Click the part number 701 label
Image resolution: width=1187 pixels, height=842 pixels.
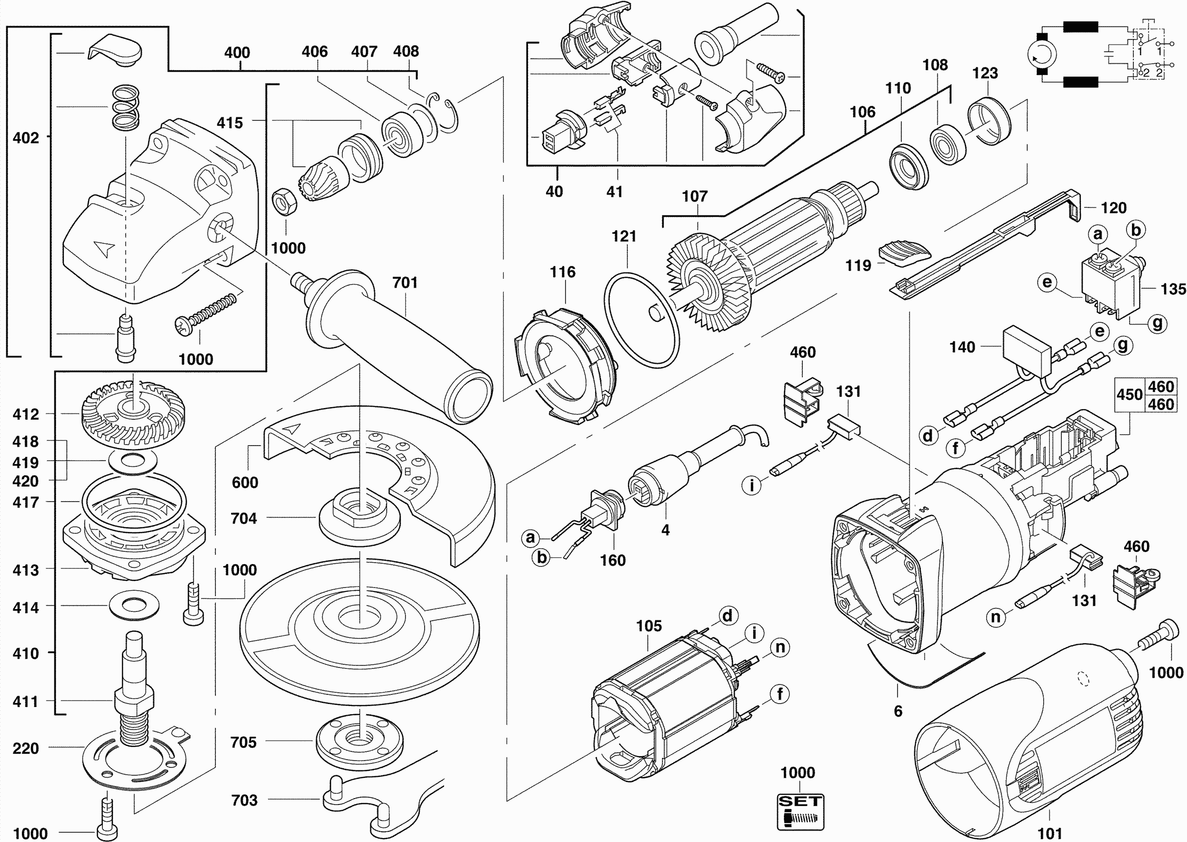pyautogui.click(x=405, y=283)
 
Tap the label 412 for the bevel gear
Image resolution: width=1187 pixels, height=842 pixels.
pyautogui.click(x=26, y=414)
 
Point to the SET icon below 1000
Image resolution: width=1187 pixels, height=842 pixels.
pyautogui.click(x=800, y=811)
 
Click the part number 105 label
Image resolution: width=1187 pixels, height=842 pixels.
pyautogui.click(x=649, y=626)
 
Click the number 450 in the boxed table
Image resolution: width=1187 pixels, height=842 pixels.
pyautogui.click(x=1129, y=394)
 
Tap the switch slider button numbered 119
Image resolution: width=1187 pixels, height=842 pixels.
pyautogui.click(x=904, y=253)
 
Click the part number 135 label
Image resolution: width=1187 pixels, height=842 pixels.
pyautogui.click(x=1173, y=289)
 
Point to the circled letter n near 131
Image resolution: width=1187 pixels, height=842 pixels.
pyautogui.click(x=996, y=617)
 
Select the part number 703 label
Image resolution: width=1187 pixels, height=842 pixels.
pyautogui.click(x=244, y=800)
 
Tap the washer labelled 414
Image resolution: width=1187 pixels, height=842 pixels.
pyautogui.click(x=134, y=605)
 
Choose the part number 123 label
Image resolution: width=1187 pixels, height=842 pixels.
pyautogui.click(x=985, y=73)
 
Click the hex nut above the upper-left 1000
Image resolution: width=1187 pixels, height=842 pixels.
pyautogui.click(x=284, y=203)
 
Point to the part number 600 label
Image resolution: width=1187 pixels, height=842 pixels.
pyautogui.click(x=245, y=482)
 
